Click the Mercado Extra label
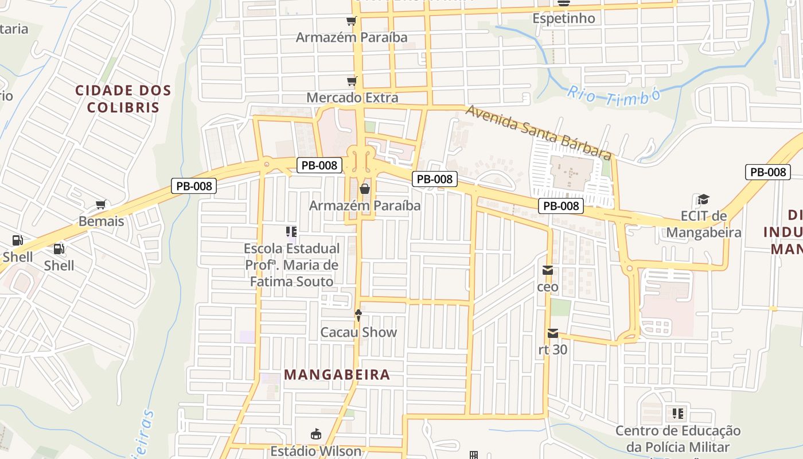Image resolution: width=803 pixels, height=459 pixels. pyautogui.click(x=352, y=98)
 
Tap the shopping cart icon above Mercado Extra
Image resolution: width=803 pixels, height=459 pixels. pyautogui.click(x=352, y=81)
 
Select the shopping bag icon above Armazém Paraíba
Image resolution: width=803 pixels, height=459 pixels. pyautogui.click(x=364, y=189)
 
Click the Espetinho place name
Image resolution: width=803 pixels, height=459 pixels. pyautogui.click(x=563, y=18)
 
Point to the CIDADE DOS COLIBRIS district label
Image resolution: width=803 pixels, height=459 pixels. pyautogui.click(x=123, y=99)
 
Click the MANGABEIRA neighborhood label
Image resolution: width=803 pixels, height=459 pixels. pyautogui.click(x=337, y=375)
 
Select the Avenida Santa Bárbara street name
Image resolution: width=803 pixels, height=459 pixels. pyautogui.click(x=537, y=132)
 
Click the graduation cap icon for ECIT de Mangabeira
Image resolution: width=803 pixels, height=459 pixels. pyautogui.click(x=703, y=200)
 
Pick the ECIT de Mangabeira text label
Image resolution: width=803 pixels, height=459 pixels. pyautogui.click(x=703, y=224)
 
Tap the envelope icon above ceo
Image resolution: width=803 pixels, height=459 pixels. pyautogui.click(x=548, y=270)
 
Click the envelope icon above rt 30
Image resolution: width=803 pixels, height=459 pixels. pyautogui.click(x=553, y=333)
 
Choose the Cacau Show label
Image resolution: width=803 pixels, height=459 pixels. pyautogui.click(x=358, y=332)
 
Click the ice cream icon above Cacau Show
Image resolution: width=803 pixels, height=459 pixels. pyautogui.click(x=358, y=315)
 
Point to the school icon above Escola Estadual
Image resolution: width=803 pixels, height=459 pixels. pyautogui.click(x=291, y=232)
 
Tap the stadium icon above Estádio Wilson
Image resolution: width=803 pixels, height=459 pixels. pyautogui.click(x=316, y=434)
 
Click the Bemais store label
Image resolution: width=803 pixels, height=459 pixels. pyautogui.click(x=101, y=221)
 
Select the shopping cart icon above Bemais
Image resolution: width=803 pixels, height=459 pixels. pyautogui.click(x=101, y=205)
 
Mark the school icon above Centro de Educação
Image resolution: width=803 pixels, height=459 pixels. pyautogui.click(x=678, y=414)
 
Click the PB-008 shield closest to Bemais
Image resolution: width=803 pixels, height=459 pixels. pyautogui.click(x=193, y=186)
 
